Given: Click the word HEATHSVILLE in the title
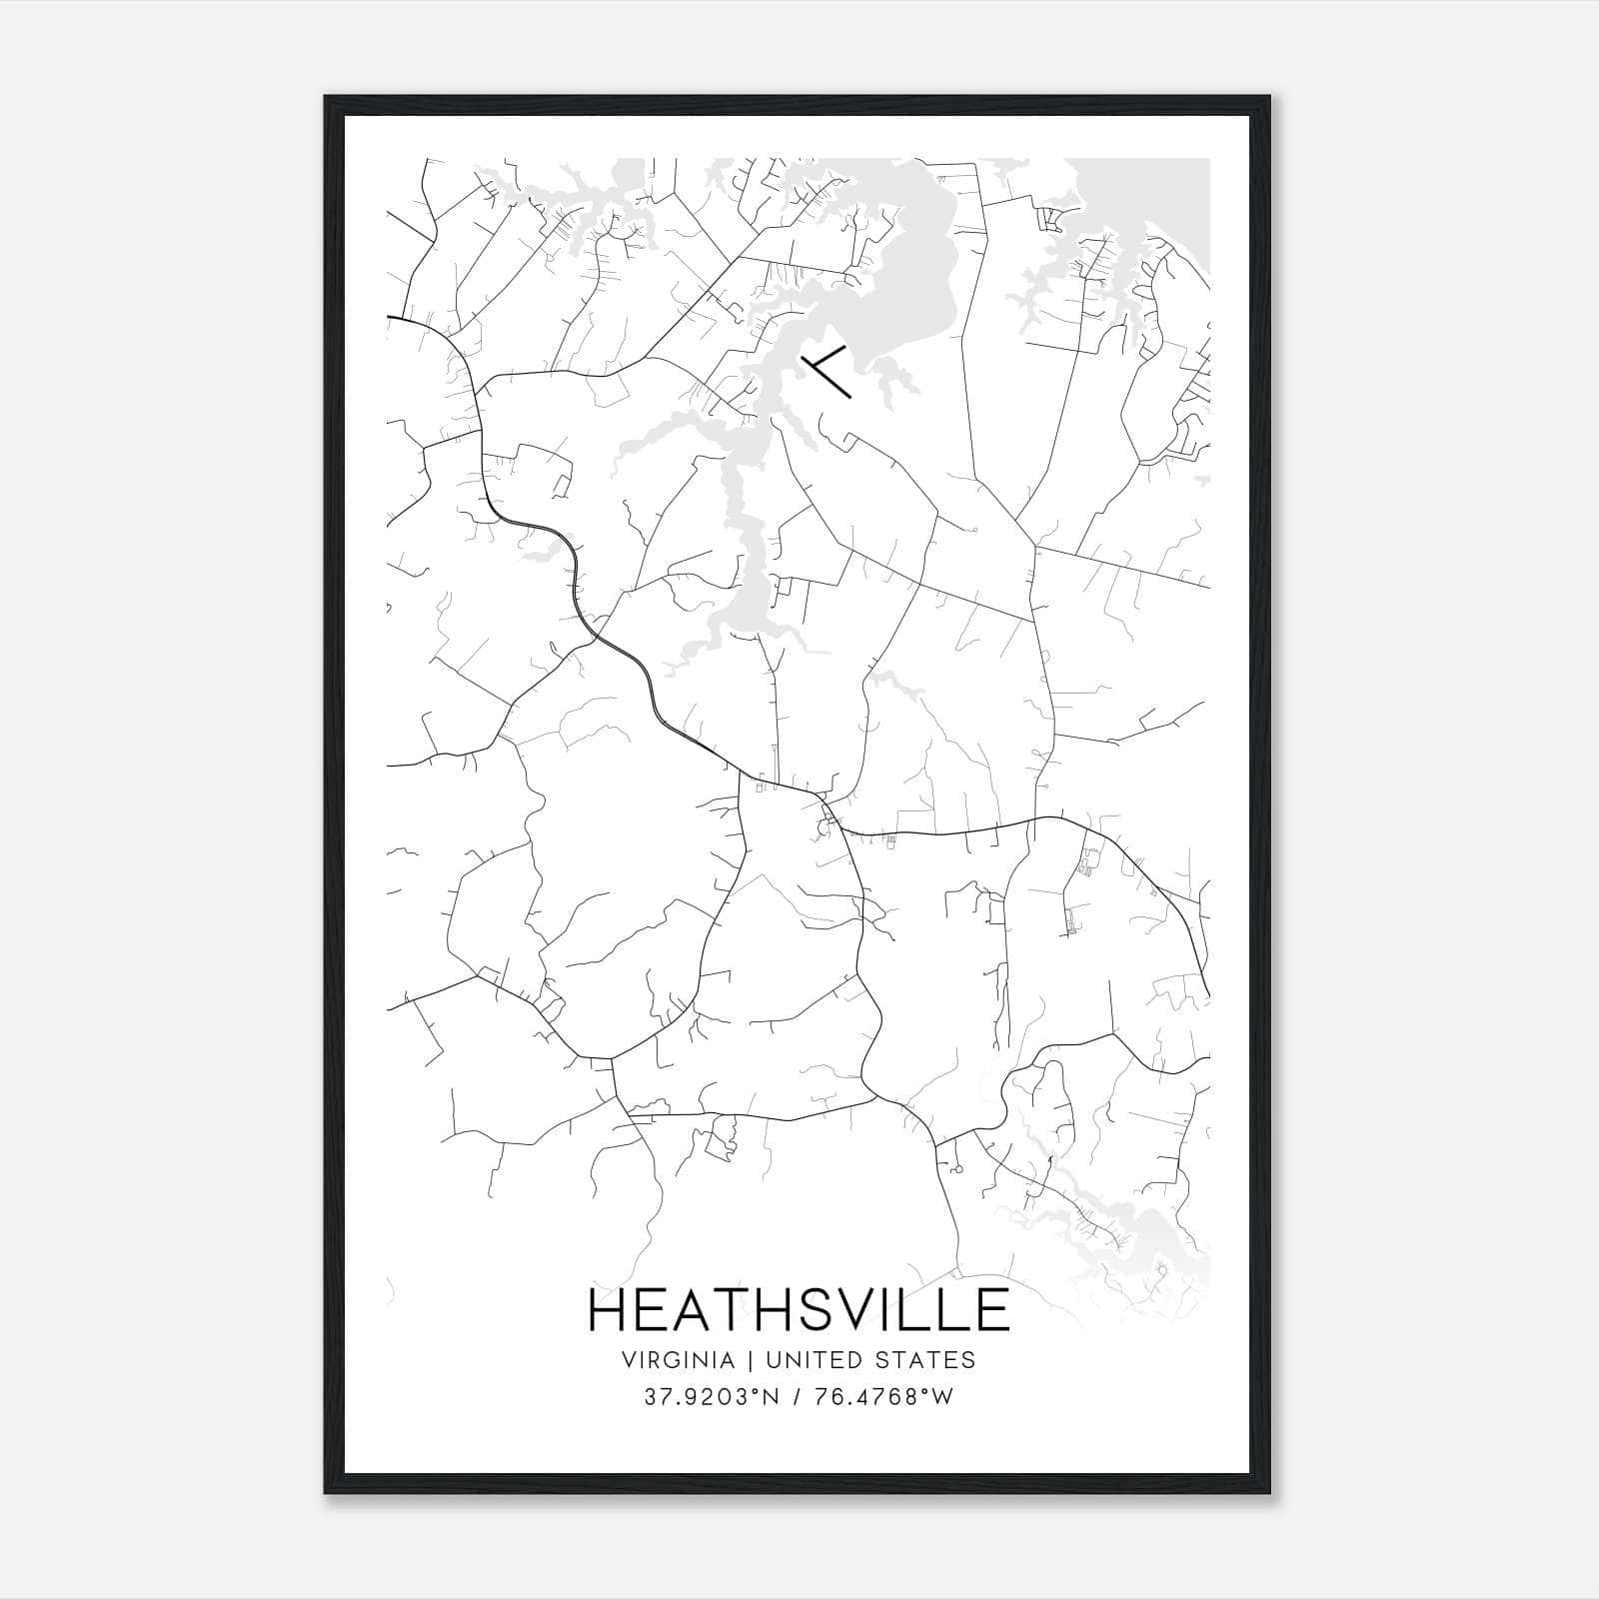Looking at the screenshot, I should [x=799, y=1310].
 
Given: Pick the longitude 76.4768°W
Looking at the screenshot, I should [x=883, y=1397].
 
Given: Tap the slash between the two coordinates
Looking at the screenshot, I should [x=796, y=1397].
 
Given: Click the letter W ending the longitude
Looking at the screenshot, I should [x=942, y=1397].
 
